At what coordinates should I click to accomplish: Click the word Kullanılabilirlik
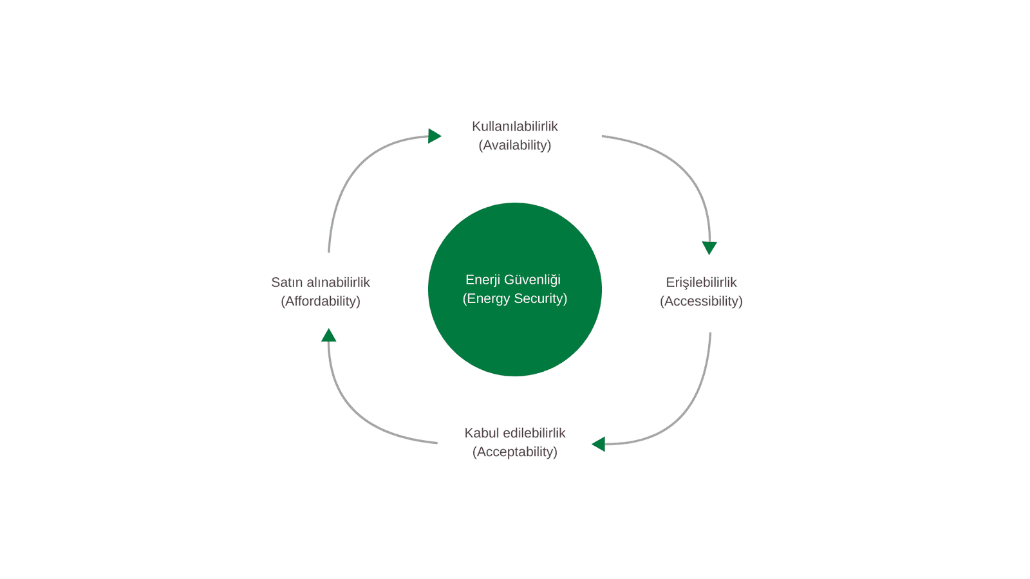point(514,126)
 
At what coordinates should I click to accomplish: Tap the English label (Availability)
point(514,145)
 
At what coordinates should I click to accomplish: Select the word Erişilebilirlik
point(701,282)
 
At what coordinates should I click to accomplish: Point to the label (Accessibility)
point(701,300)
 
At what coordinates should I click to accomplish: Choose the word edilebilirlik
point(534,433)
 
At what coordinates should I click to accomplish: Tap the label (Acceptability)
point(514,452)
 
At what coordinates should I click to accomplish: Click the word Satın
point(287,282)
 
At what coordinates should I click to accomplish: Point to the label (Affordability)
point(321,300)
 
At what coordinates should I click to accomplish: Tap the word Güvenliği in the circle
point(532,280)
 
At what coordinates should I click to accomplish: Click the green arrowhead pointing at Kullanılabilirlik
point(434,136)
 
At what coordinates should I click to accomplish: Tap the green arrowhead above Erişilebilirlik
point(709,248)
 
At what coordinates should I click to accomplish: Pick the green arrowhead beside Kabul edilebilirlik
point(599,444)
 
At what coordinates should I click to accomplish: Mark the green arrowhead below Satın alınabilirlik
point(329,335)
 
